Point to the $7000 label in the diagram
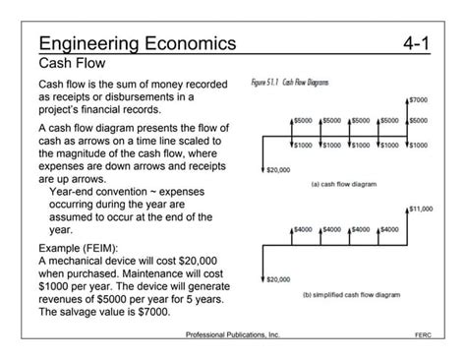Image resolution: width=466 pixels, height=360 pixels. click(x=418, y=100)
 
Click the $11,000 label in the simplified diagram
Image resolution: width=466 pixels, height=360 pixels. click(x=420, y=209)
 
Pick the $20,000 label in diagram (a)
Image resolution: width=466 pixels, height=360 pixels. click(x=279, y=168)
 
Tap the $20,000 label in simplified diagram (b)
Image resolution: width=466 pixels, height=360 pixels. click(x=279, y=278)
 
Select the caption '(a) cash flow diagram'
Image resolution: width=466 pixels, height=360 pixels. click(x=343, y=183)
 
